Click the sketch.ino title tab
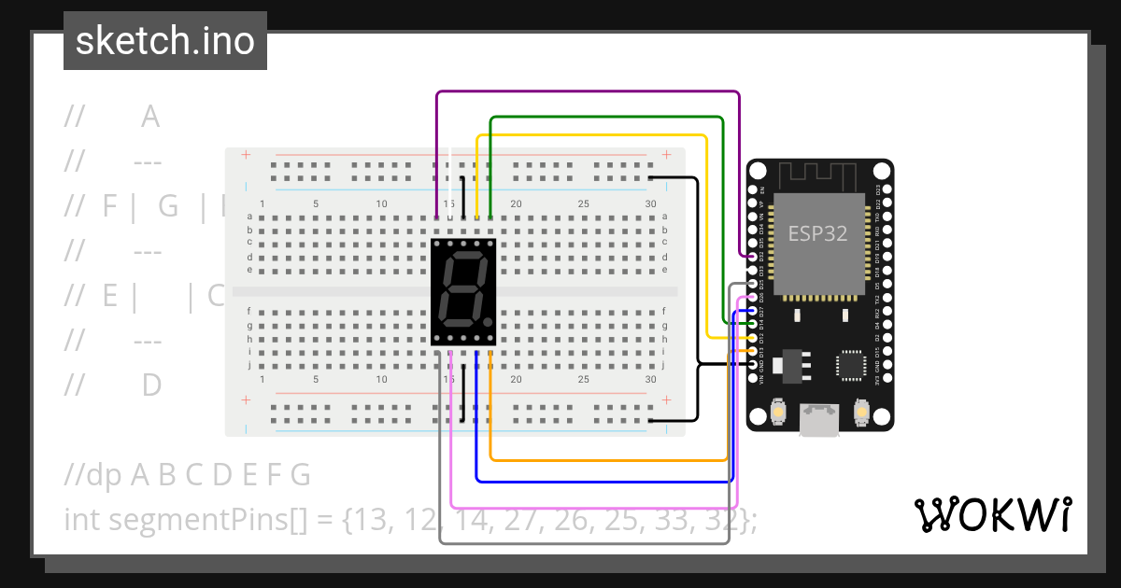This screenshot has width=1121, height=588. (164, 41)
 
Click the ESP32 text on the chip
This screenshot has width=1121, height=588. (817, 233)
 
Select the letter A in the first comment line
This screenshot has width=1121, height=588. (150, 118)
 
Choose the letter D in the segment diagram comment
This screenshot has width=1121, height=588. (151, 385)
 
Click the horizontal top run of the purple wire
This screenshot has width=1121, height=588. (589, 91)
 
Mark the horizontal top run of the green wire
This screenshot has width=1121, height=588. (607, 118)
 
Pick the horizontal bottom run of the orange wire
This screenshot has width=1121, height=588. (607, 460)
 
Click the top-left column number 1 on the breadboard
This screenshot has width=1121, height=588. (263, 203)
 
